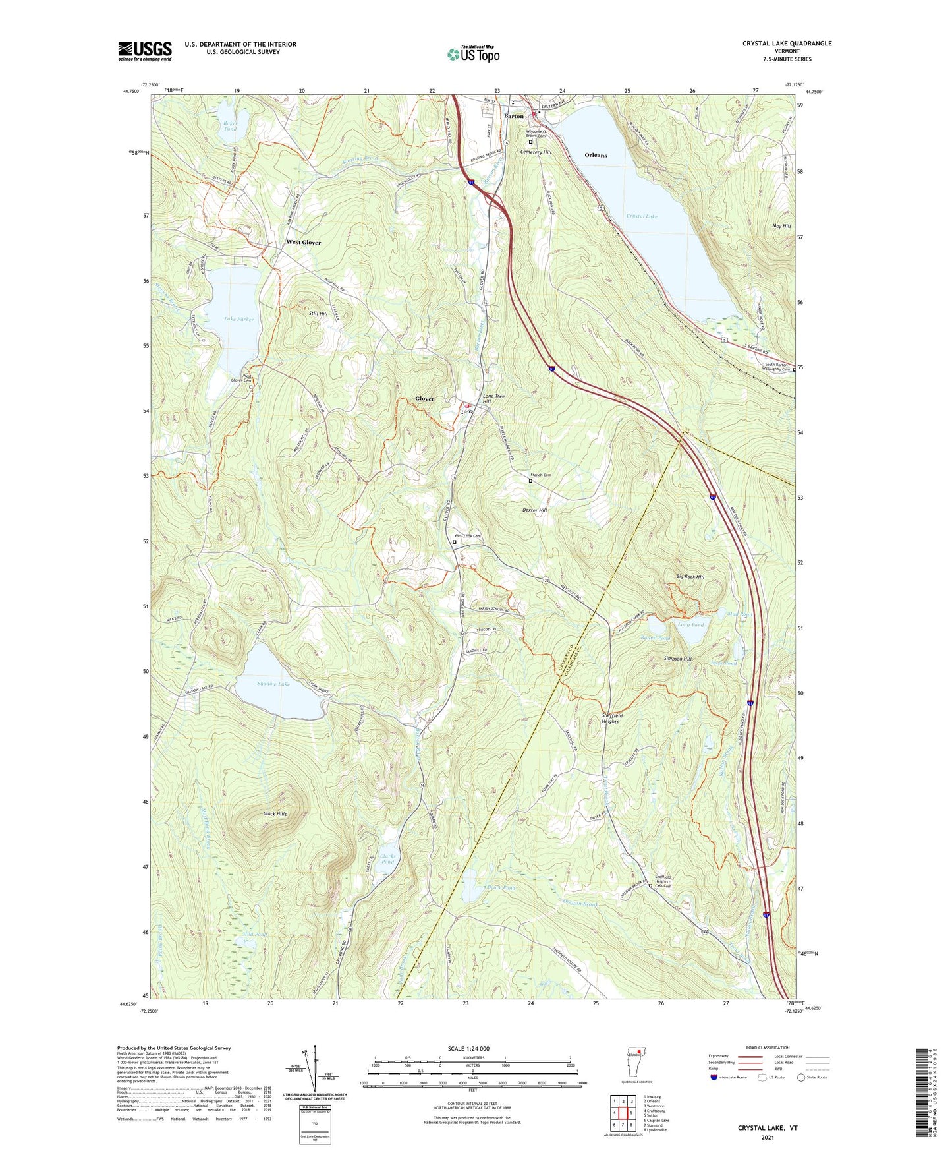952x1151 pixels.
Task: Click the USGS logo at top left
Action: pos(145,51)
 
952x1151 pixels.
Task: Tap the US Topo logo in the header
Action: pos(473,54)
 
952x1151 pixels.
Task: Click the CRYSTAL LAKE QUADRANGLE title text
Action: pos(787,44)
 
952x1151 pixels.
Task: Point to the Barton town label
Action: pos(513,116)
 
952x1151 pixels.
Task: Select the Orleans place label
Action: pos(596,155)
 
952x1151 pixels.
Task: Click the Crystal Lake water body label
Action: pos(641,216)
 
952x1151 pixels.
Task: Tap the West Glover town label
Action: pos(303,243)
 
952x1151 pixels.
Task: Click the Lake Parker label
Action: pos(238,319)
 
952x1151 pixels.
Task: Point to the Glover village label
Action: pos(424,399)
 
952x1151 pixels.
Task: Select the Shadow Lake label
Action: pos(273,684)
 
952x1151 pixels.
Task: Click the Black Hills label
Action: pos(275,814)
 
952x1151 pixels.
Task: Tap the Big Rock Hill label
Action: pos(690,577)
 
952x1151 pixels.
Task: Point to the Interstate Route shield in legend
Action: pos(714,1077)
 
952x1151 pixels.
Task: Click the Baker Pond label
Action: pos(229,125)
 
